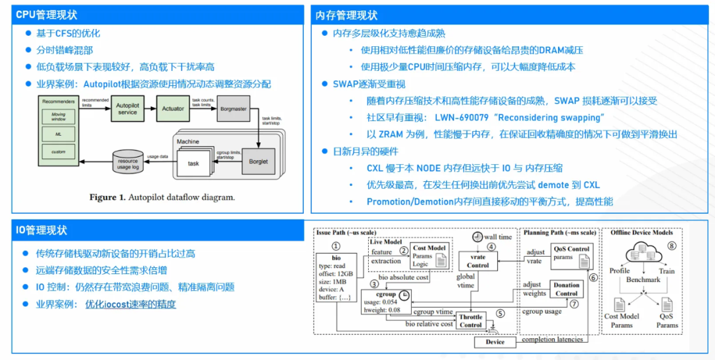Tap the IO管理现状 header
(42, 230)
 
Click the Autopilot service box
(128, 109)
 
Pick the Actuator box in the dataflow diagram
(173, 109)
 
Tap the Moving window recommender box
(59, 117)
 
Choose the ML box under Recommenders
(59, 134)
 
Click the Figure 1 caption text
(162, 197)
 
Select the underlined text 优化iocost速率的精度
(130, 304)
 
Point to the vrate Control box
(477, 261)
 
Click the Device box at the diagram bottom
(495, 342)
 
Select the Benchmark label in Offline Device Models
(643, 280)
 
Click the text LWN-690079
(463, 118)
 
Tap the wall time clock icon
(477, 237)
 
